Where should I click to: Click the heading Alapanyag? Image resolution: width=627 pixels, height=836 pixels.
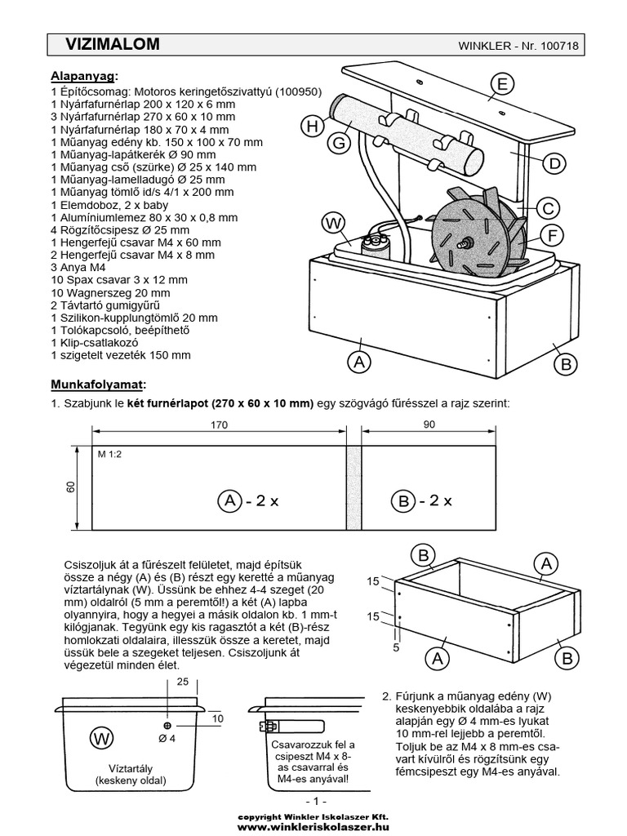point(84,76)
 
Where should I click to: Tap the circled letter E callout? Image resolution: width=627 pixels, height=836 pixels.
point(503,84)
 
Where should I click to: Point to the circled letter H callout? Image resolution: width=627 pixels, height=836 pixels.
point(312,126)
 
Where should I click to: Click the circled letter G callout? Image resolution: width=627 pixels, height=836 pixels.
point(337,143)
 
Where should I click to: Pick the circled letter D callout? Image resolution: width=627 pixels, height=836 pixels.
point(554,163)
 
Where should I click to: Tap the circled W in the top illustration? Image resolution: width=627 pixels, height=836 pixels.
point(334,222)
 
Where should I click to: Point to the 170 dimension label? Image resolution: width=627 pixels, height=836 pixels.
point(219,425)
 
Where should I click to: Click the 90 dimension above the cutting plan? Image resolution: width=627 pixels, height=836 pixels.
point(429,425)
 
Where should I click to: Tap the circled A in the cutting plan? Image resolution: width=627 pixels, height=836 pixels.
point(229,500)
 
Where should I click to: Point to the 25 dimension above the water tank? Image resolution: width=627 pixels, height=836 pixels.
point(182,681)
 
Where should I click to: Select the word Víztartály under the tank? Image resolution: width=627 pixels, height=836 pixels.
point(131,768)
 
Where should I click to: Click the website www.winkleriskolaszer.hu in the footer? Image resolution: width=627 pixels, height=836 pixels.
point(313,826)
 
